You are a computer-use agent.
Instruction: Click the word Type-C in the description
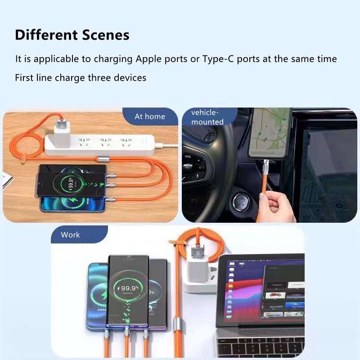(218, 59)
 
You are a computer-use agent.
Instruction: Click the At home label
(150, 117)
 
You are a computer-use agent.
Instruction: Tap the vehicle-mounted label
(207, 117)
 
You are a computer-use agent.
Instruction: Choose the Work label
(70, 234)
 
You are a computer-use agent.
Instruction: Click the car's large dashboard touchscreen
(329, 171)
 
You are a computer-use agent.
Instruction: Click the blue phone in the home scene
(72, 205)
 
